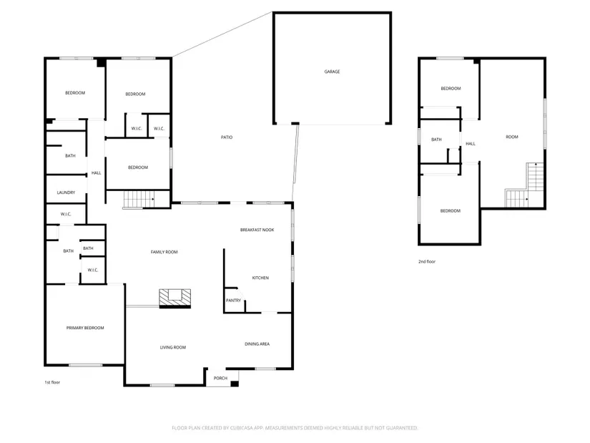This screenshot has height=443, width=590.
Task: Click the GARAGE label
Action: tap(332, 72)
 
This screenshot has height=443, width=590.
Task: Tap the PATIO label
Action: tap(227, 137)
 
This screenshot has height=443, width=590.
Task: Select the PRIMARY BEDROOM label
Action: tap(85, 328)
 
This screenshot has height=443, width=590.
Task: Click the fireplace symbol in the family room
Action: tap(175, 298)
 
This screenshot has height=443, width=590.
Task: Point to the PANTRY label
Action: tap(233, 301)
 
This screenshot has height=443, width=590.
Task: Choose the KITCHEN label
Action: tap(260, 278)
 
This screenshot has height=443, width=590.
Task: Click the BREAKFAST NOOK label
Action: tap(257, 230)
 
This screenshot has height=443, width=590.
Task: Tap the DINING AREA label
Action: tap(257, 344)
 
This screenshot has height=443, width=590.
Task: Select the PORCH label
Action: tap(220, 378)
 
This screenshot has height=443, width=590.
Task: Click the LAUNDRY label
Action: tap(66, 193)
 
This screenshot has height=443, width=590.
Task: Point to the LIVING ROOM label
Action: tap(173, 347)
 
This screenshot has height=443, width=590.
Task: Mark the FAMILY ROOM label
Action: tap(164, 252)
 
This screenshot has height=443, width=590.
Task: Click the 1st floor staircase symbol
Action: tap(139, 199)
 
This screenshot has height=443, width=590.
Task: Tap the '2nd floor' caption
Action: tap(427, 261)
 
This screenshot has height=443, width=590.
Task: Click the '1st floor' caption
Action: tap(52, 382)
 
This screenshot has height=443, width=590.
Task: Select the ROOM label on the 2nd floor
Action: tap(512, 137)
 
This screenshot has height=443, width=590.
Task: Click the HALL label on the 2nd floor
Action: tap(471, 144)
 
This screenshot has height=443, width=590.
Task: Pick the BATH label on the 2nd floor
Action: tap(436, 140)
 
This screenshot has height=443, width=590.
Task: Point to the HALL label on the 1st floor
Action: tap(97, 173)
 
